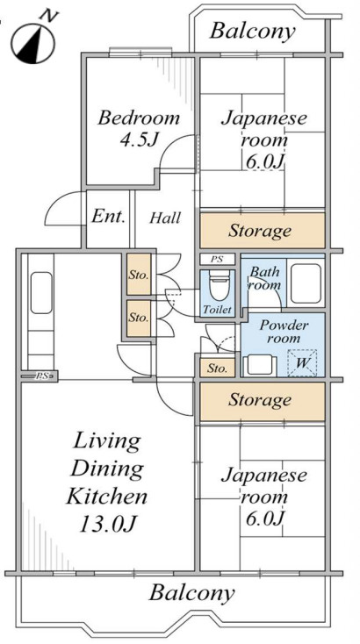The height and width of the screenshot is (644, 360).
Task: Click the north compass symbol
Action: click(x=32, y=40)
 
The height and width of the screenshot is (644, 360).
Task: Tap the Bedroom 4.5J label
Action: click(x=139, y=129)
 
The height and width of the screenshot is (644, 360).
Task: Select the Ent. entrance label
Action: click(x=108, y=216)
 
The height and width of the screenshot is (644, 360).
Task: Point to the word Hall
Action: click(x=165, y=218)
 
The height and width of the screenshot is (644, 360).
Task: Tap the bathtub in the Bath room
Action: click(x=306, y=283)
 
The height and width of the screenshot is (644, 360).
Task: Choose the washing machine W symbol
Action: click(x=302, y=362)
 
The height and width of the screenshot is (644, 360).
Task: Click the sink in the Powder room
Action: click(x=260, y=365)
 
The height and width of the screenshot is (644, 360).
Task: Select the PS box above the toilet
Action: click(x=218, y=259)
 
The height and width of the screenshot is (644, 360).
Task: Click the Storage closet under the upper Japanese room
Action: click(x=263, y=231)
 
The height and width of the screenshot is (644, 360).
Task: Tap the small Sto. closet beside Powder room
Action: click(x=218, y=368)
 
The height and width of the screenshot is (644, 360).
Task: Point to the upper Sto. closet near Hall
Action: click(x=139, y=275)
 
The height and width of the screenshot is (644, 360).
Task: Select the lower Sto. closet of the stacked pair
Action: click(x=139, y=318)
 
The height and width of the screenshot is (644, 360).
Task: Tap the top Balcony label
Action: click(x=252, y=32)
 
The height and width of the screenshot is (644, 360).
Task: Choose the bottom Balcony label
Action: click(x=191, y=592)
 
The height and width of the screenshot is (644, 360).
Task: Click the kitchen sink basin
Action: click(x=41, y=293)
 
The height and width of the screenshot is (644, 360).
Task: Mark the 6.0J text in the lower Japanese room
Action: click(x=264, y=519)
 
